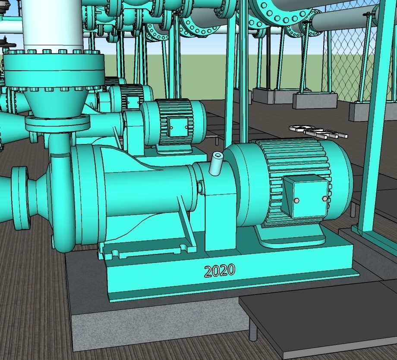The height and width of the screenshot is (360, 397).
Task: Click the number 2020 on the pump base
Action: (x=220, y=271)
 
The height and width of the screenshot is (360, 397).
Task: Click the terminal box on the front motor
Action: (x=306, y=199)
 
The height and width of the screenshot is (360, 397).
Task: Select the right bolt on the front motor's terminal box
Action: (x=325, y=198)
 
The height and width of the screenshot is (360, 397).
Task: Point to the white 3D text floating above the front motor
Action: (x=318, y=132)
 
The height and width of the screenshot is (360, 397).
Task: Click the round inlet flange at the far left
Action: (x=21, y=199)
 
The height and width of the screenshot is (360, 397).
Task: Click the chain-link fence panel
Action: (x=350, y=65)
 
